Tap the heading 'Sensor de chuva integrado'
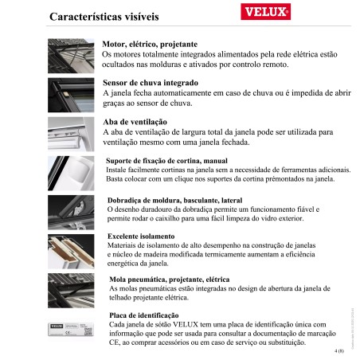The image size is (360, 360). tap(151, 82)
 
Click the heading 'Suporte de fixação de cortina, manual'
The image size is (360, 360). tap(161, 161)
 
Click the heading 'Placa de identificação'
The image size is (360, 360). tap(143, 315)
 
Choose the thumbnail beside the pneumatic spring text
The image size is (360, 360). tap(72, 288)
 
